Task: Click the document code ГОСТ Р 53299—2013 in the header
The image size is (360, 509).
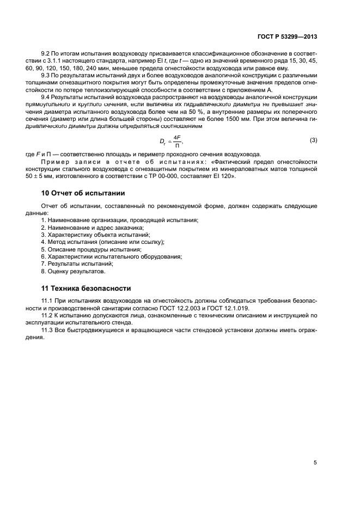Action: click(x=287, y=37)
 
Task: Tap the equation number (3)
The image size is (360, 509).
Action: click(x=313, y=140)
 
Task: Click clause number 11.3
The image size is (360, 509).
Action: click(x=47, y=330)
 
